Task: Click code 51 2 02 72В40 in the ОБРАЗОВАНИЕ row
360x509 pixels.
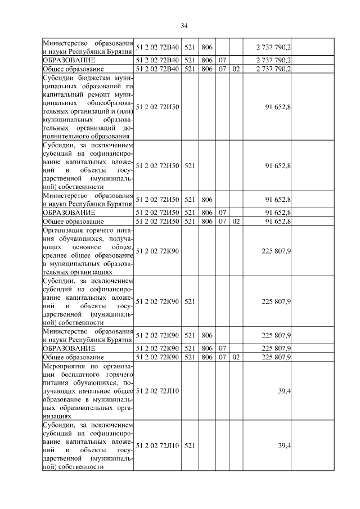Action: tap(157, 59)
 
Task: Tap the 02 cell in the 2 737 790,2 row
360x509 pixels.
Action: tap(236, 69)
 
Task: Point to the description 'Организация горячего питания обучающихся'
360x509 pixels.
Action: tap(88, 250)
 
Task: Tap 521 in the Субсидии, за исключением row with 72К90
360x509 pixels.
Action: tap(190, 301)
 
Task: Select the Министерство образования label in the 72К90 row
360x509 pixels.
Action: tap(88, 335)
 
